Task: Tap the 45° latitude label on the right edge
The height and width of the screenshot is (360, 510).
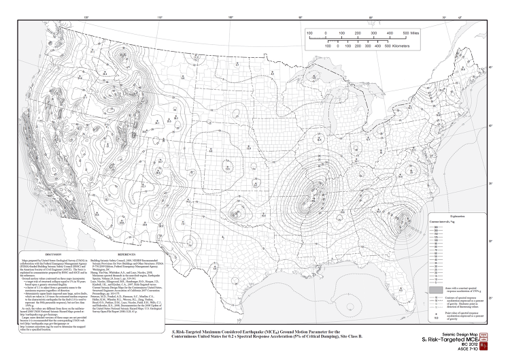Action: (492, 67)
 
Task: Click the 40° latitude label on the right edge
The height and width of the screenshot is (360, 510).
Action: (492, 125)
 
